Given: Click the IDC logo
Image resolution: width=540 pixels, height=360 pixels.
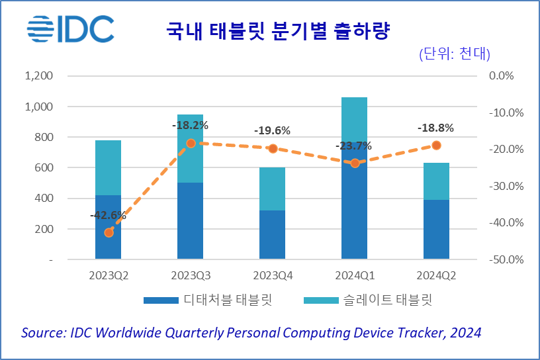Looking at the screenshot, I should coord(70,29).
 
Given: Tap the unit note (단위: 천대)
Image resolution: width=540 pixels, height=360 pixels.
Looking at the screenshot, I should coord(459,54).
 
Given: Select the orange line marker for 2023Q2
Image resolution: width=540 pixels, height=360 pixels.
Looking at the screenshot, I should coord(109,232).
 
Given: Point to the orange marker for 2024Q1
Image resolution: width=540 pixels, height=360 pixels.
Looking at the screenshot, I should coord(355,163).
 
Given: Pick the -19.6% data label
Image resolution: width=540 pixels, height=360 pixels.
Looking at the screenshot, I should coord(273,130).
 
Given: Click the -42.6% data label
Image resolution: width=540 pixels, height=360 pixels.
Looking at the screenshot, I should coord(108,215).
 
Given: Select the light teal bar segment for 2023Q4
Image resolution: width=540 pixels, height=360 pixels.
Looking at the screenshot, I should coord(273,189).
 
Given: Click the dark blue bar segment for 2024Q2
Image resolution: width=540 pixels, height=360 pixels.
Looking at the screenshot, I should coord(437,229).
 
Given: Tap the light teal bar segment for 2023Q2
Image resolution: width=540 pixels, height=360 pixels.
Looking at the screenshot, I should coord(109,167).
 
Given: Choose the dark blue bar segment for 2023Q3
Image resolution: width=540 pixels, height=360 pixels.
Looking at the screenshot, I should coord(191,220).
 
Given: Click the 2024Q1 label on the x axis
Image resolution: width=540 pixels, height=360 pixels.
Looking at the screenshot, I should coord(355,275).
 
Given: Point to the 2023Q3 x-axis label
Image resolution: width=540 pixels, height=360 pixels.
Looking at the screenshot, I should coord(191,275).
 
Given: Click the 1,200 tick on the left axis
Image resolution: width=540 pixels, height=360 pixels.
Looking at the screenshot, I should coord(38,75).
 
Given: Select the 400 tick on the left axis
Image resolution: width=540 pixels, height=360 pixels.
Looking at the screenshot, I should coord(43,199).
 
